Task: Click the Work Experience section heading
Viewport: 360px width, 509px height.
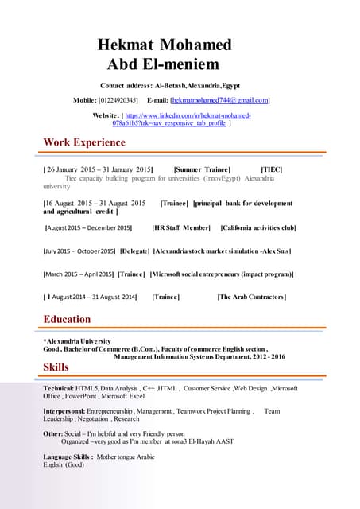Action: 84,142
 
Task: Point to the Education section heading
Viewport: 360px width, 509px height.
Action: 67,319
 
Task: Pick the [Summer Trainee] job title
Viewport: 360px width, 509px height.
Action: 202,169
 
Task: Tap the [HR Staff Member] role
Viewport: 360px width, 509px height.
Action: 181,228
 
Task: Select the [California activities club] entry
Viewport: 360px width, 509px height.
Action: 258,228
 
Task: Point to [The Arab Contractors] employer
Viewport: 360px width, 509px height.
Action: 251,297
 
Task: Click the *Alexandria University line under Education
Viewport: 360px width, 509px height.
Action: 77,340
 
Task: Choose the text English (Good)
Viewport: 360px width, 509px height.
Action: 64,465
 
